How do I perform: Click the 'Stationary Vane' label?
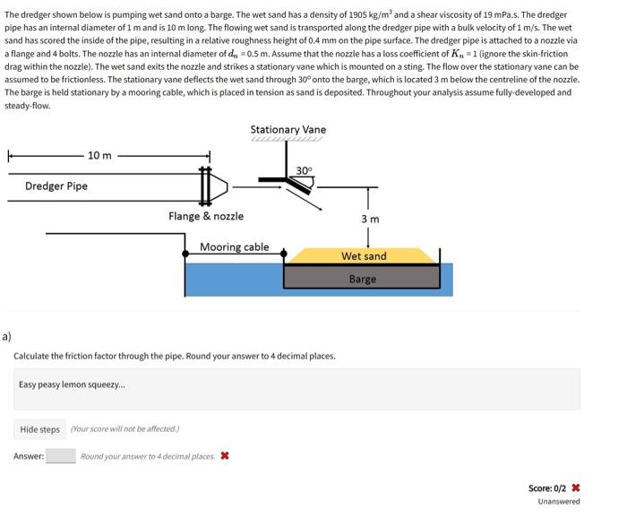[x=288, y=130]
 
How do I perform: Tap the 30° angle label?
[x=304, y=170]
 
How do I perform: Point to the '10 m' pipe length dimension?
[x=99, y=155]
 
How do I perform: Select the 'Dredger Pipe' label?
[x=56, y=186]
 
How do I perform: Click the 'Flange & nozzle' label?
[x=206, y=216]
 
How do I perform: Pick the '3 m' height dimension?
[x=370, y=220]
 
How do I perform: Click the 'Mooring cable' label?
[x=234, y=247]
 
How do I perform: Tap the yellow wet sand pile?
[x=363, y=256]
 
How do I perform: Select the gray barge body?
[x=362, y=278]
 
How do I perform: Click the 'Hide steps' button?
[x=40, y=429]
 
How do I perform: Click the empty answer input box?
[x=61, y=456]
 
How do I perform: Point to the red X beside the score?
[x=575, y=488]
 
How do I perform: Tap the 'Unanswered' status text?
[x=558, y=502]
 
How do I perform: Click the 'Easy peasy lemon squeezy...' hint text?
[x=73, y=384]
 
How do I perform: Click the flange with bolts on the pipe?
[x=205, y=186]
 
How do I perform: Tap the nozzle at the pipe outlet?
[x=219, y=186]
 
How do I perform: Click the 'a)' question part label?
[x=7, y=337]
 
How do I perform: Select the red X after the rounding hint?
[x=224, y=456]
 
